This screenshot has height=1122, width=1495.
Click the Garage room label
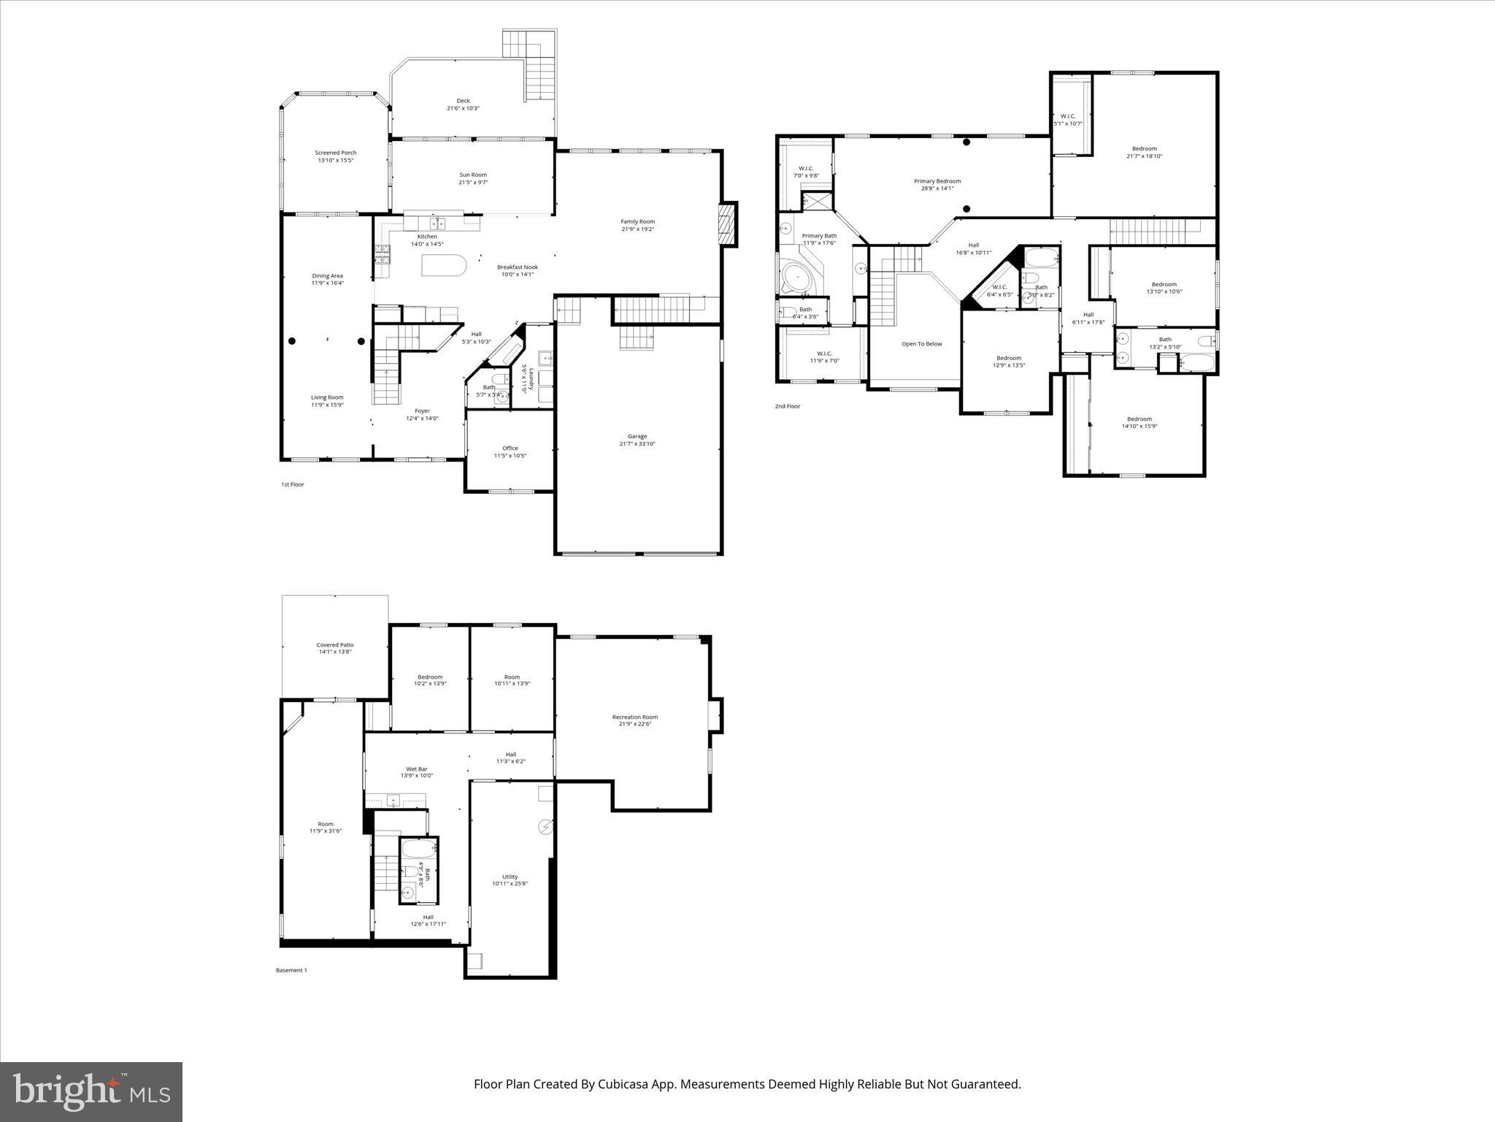pyautogui.click(x=637, y=436)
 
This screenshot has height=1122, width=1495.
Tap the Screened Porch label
pyautogui.click(x=336, y=153)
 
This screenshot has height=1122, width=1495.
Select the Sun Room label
pyautogui.click(x=472, y=175)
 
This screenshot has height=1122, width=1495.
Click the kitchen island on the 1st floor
pyautogui.click(x=443, y=266)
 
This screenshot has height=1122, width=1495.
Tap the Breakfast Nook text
pyautogui.click(x=518, y=267)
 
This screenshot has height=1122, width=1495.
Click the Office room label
pyautogui.click(x=510, y=449)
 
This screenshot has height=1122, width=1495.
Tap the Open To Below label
pyautogui.click(x=921, y=344)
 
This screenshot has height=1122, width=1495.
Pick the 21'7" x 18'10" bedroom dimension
pyautogui.click(x=1144, y=156)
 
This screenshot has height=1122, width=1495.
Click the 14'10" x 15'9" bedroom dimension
pyautogui.click(x=1139, y=427)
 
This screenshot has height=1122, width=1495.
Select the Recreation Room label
pyautogui.click(x=634, y=717)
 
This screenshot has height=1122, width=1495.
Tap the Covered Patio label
pyautogui.click(x=335, y=645)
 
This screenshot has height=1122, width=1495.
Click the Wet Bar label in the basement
pyautogui.click(x=417, y=769)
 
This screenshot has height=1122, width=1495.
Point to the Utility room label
pyautogui.click(x=510, y=877)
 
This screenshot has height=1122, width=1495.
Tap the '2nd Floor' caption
pyautogui.click(x=788, y=406)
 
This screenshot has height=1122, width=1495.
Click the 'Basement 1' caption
pyautogui.click(x=291, y=970)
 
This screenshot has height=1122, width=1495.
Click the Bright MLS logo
pyautogui.click(x=91, y=1091)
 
